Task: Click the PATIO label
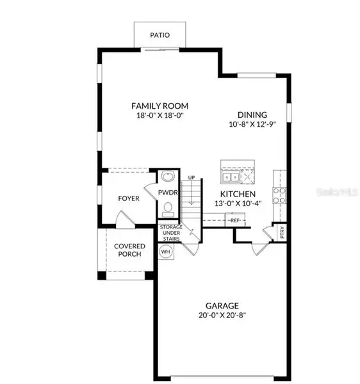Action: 160,35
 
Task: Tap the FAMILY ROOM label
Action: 160,106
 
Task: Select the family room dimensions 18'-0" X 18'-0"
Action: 160,116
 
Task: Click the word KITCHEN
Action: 238,194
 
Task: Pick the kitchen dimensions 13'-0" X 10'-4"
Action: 238,204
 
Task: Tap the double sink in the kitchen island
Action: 229,177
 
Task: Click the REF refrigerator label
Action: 235,221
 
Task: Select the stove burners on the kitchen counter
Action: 280,191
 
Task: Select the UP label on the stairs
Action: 192,177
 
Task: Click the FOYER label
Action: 128,198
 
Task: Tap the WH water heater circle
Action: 165,252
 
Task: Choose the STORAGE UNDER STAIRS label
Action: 171,234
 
